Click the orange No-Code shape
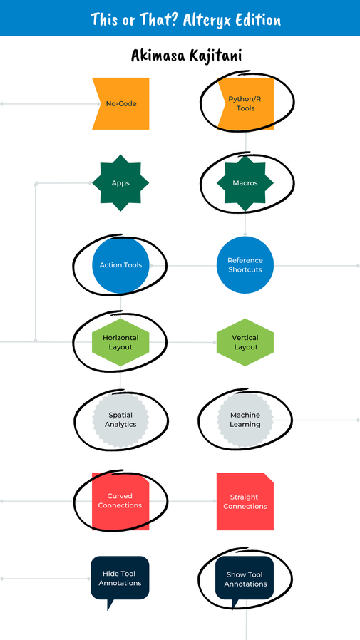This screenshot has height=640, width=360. (x=120, y=104)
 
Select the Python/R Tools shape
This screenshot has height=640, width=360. (x=245, y=104)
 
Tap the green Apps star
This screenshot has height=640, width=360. (x=120, y=183)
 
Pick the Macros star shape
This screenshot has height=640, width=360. (x=245, y=183)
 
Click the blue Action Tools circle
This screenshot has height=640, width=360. (x=120, y=265)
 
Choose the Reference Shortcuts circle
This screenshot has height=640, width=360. (x=245, y=265)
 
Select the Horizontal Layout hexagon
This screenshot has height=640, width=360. (x=120, y=342)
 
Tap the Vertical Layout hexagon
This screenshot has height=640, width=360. (x=245, y=342)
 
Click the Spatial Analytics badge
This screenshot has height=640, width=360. (x=120, y=420)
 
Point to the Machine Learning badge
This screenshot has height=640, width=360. (x=245, y=420)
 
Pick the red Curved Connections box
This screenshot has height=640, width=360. (x=120, y=501)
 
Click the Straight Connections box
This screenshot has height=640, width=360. (x=245, y=502)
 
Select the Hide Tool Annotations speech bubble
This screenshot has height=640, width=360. (x=120, y=578)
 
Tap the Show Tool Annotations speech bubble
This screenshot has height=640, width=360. (x=245, y=579)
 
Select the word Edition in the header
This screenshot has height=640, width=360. (x=259, y=19)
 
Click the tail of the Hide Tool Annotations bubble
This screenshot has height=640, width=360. (x=110, y=605)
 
